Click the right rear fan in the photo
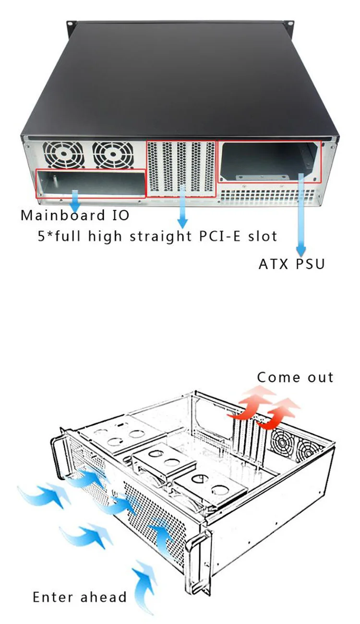tap(113, 155)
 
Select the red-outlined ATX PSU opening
tap(269, 161)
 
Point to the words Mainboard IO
tap(75, 215)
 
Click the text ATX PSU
tap(292, 264)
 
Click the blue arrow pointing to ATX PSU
tap(301, 216)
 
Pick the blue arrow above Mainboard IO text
tap(75, 200)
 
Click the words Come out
tap(295, 377)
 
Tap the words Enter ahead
tap(80, 597)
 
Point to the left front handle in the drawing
tap(59, 453)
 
